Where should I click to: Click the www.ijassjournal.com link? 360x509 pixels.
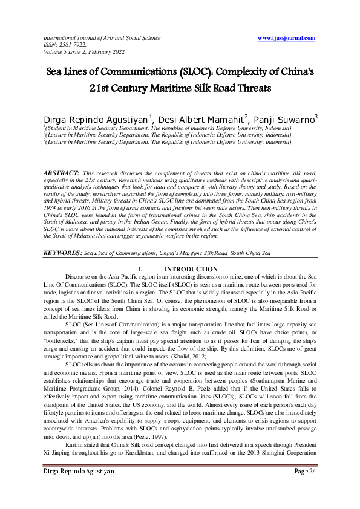click(x=286, y=38)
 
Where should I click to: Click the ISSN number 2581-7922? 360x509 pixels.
click(x=70, y=44)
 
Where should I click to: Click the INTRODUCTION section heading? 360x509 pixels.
click(x=191, y=269)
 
